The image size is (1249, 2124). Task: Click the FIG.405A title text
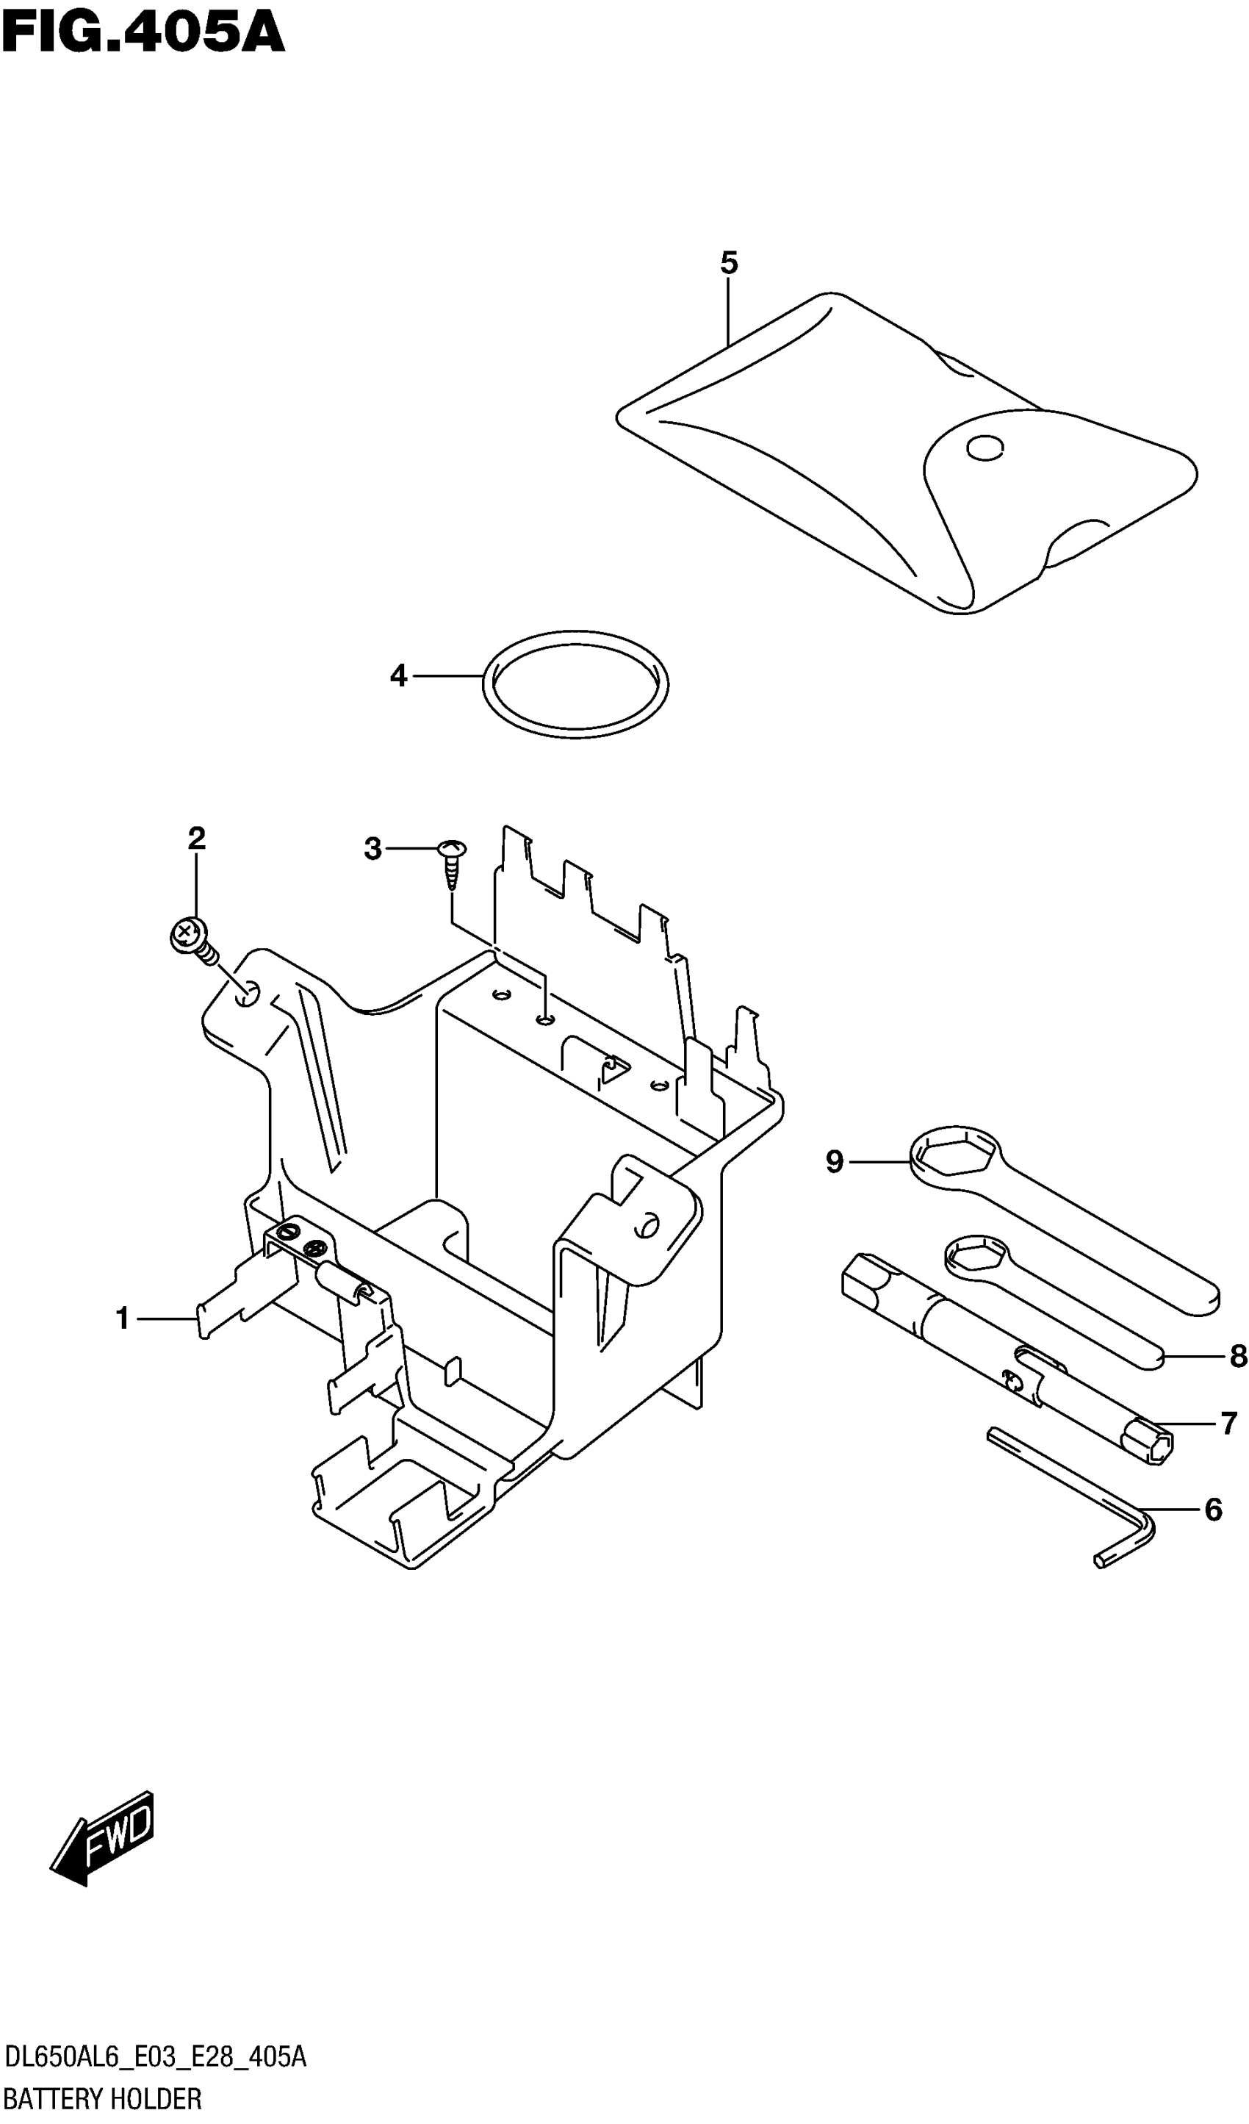click(x=143, y=34)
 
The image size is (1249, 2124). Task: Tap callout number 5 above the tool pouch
click(x=729, y=264)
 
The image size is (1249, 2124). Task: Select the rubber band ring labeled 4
click(x=575, y=684)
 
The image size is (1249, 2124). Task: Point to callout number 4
click(x=399, y=676)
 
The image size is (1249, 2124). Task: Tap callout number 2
click(x=196, y=839)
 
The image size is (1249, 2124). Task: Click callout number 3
click(x=372, y=849)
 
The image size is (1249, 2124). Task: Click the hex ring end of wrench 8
click(x=975, y=1258)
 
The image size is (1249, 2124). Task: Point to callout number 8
click(x=1237, y=1356)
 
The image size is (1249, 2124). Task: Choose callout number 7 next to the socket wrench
click(x=1228, y=1424)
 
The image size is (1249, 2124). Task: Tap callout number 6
click(x=1213, y=1510)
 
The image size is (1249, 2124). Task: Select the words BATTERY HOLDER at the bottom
click(x=103, y=2099)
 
